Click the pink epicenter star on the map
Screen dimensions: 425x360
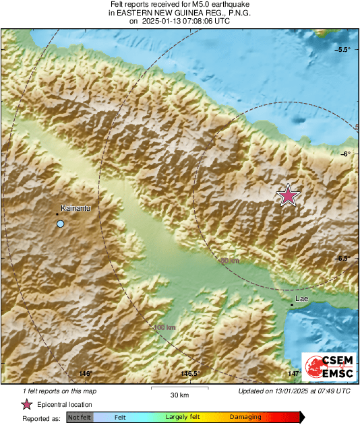pos(288,195)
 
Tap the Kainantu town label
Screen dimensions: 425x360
pos(76,208)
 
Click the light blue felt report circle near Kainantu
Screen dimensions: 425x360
pos(61,224)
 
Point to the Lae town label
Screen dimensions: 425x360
pos(302,298)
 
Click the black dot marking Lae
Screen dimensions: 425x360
pos(291,305)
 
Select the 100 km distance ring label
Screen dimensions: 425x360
pos(164,327)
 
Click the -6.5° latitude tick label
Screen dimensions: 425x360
pos(344,258)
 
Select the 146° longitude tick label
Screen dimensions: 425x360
pos(85,374)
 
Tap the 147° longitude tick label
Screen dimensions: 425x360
pos(295,374)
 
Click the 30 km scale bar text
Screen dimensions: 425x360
pos(179,395)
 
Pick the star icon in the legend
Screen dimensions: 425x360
pos(27,405)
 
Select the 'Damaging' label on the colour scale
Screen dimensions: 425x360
pos(245,418)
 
